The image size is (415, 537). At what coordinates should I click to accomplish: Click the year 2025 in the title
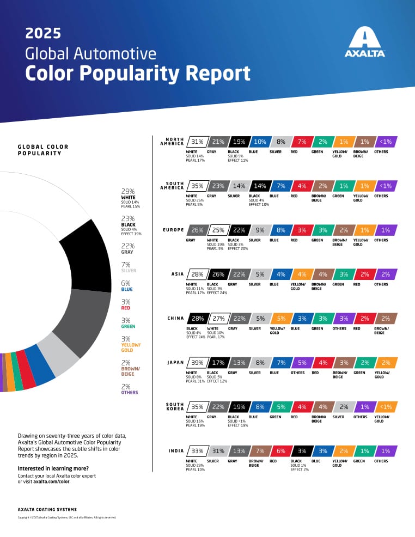(43, 34)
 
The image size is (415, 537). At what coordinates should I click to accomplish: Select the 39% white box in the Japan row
(197, 362)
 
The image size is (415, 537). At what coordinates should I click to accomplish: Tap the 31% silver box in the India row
(218, 451)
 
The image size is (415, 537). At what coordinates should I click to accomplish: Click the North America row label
(170, 142)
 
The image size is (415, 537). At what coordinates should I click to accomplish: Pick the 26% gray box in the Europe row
(197, 230)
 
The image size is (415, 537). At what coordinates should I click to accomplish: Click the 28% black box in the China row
(197, 318)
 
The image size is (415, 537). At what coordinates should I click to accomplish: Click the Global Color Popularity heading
(40, 150)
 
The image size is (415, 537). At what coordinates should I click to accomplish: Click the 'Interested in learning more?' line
(53, 468)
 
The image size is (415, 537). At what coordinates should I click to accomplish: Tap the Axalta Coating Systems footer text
(47, 509)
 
